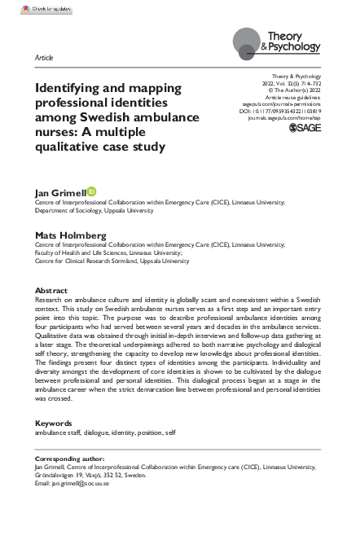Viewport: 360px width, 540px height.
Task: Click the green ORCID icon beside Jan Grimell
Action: [x=91, y=191]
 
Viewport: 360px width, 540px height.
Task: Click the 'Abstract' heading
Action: [x=51, y=291]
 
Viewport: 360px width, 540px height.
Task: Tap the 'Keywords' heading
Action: [x=54, y=424]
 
